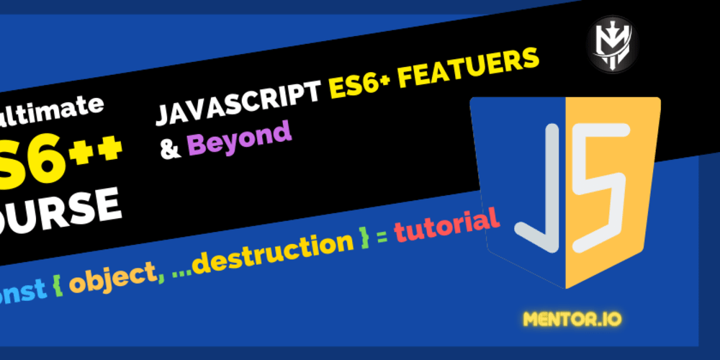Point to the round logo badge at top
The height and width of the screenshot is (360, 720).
(611, 43)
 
